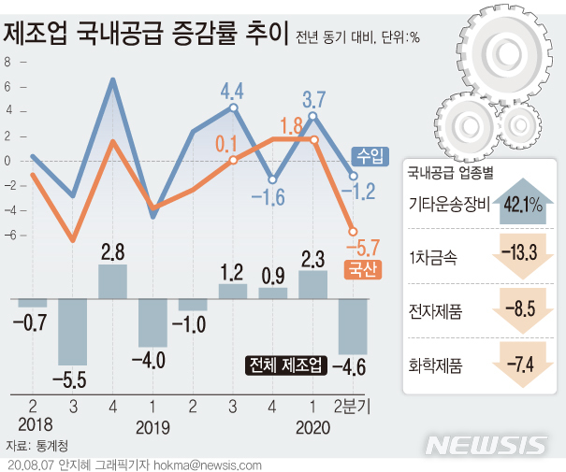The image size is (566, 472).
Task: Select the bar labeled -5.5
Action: pos(72,332)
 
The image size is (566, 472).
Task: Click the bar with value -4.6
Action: pos(353,325)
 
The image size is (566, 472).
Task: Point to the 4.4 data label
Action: pos(231,91)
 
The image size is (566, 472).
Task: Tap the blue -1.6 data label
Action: pos(272,196)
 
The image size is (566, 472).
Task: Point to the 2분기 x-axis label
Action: pos(353,406)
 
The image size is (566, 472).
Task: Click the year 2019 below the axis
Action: pos(152,426)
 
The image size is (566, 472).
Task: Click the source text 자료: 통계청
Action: pos(36,446)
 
